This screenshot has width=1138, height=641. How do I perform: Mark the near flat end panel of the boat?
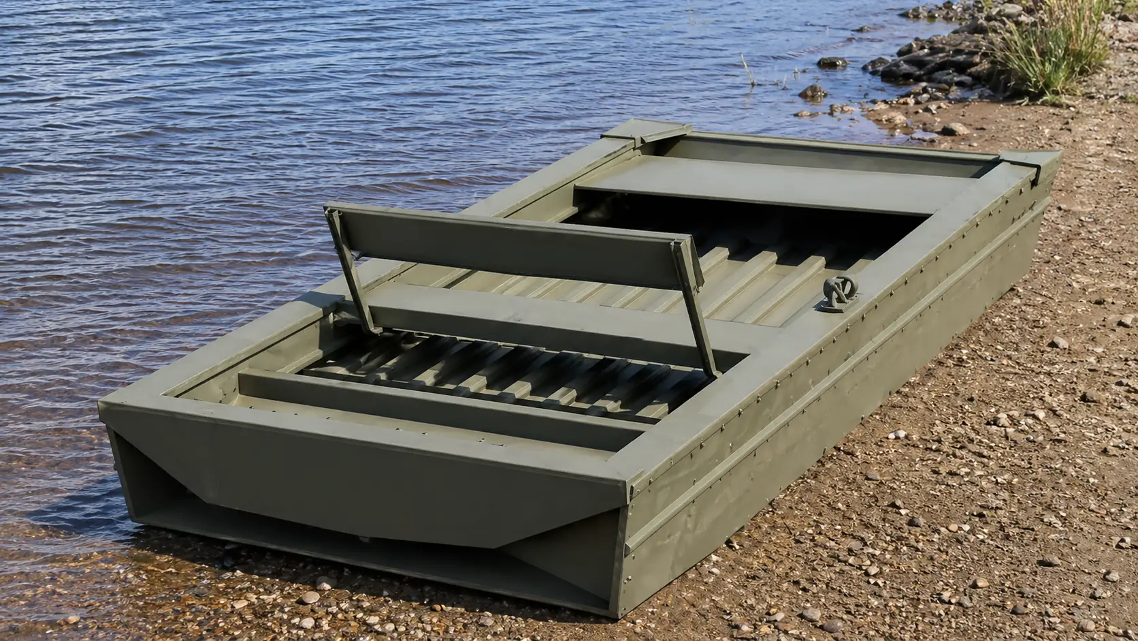[368, 477]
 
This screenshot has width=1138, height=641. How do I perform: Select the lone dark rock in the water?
[832, 63]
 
